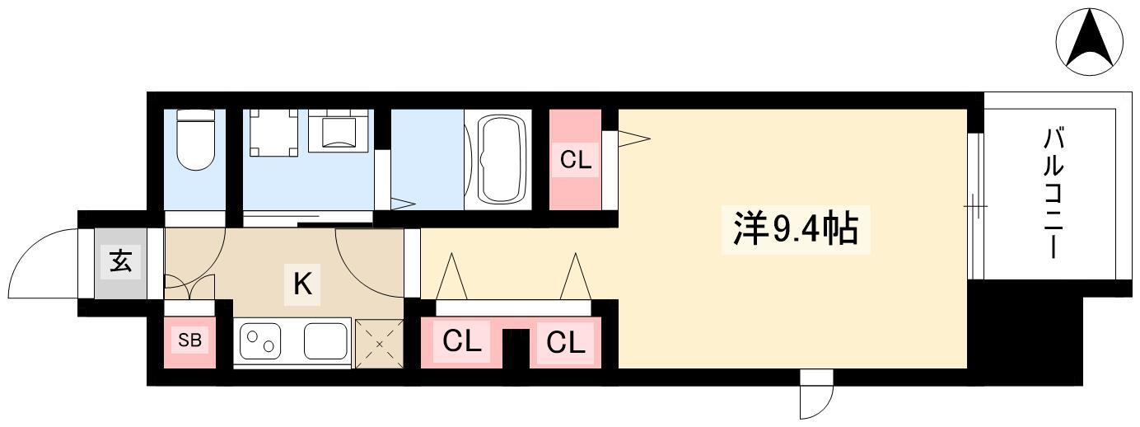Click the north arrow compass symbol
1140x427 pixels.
[x=1089, y=42]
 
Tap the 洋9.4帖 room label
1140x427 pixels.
[x=796, y=228]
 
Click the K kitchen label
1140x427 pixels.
[x=303, y=284]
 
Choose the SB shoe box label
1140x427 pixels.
[x=189, y=340]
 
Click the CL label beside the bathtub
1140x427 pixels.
[x=576, y=161]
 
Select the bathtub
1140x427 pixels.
[x=502, y=159]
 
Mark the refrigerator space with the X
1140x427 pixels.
[x=379, y=344]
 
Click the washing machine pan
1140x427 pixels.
[x=273, y=133]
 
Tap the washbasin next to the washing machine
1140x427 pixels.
[x=338, y=130]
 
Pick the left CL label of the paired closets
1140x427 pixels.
[x=461, y=341]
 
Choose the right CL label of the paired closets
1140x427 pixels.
[x=565, y=342]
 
